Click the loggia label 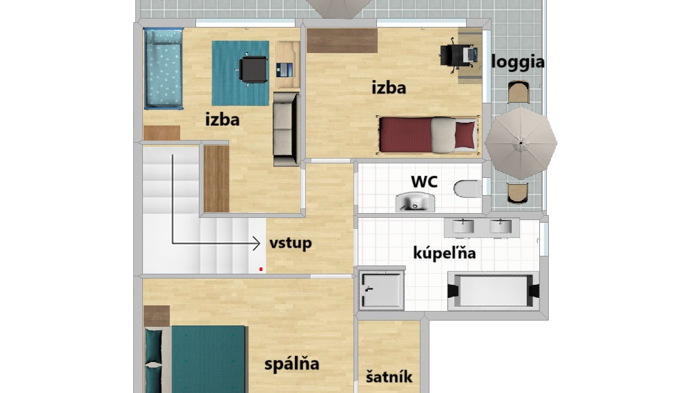click(518, 62)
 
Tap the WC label click(424, 181)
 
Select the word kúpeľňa click(444, 252)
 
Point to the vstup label click(290, 243)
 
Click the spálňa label click(291, 363)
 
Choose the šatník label click(389, 376)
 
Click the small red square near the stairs click(261, 269)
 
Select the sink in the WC click(416, 201)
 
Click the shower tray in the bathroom click(381, 290)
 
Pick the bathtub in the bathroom click(494, 291)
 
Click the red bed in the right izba click(427, 134)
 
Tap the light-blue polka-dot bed click(164, 68)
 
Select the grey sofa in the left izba click(286, 129)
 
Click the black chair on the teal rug click(253, 70)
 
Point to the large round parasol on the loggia click(521, 143)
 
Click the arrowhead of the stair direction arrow click(256, 243)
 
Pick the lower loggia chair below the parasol click(518, 193)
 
